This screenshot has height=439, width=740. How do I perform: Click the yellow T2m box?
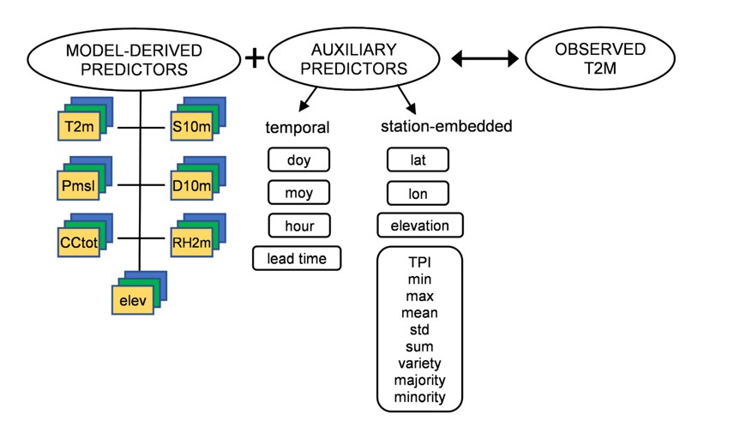pyautogui.click(x=79, y=126)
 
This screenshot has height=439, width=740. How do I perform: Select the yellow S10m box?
pyautogui.click(x=191, y=126)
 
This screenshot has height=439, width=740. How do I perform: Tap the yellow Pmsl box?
pyautogui.click(x=78, y=185)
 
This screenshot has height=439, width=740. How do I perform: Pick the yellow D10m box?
pyautogui.click(x=191, y=185)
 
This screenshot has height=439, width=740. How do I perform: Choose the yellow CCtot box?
pyautogui.click(x=78, y=243)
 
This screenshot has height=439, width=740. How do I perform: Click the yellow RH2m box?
pyautogui.click(x=191, y=243)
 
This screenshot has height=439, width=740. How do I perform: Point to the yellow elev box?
pyautogui.click(x=133, y=300)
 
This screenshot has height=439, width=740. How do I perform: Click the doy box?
pyautogui.click(x=298, y=160)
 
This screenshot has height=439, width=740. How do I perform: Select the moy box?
pyautogui.click(x=298, y=193)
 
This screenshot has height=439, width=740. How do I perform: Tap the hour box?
pyautogui.click(x=299, y=226)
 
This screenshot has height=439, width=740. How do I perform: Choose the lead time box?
pyautogui.click(x=297, y=258)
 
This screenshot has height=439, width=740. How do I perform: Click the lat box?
pyautogui.click(x=418, y=160)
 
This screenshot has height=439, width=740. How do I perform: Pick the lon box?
pyautogui.click(x=418, y=194)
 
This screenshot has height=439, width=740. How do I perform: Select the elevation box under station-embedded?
pyautogui.click(x=420, y=226)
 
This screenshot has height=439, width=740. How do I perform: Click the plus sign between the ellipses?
pyautogui.click(x=255, y=58)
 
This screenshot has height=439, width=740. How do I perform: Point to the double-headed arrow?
pyautogui.click(x=484, y=58)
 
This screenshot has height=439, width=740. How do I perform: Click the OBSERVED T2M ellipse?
pyautogui.click(x=600, y=58)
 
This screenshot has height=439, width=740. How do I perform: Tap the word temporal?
pyautogui.click(x=298, y=128)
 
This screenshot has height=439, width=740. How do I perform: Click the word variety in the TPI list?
pyautogui.click(x=419, y=364)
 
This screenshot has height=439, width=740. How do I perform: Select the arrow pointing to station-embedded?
pyautogui.click(x=406, y=99)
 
